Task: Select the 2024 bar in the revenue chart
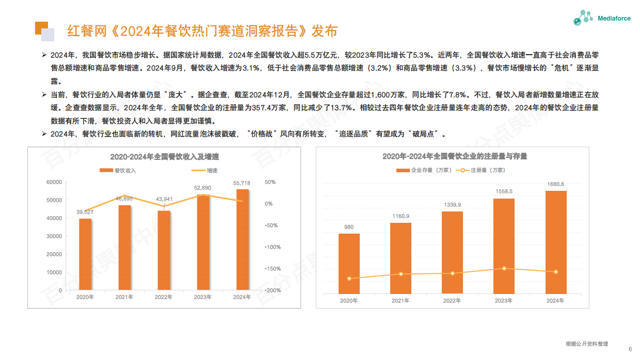point(242,239)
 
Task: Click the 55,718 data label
point(242,183)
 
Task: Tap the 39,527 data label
point(85,212)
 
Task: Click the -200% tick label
point(273,290)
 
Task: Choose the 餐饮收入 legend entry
point(118,170)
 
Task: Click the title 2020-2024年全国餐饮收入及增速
point(164,157)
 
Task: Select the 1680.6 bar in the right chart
point(556,242)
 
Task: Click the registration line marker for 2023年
point(504,268)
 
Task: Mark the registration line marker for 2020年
point(349,279)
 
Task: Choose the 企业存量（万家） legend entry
point(424,170)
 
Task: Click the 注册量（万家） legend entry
point(483,170)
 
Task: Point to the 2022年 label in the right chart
point(452,301)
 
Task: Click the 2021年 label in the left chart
point(124,297)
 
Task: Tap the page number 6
point(630,349)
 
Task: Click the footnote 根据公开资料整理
point(587,344)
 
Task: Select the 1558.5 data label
point(504,191)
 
